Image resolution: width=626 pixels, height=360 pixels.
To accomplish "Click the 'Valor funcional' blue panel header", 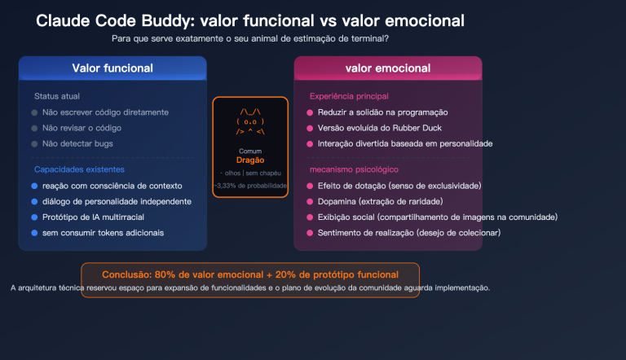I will coord(112,68).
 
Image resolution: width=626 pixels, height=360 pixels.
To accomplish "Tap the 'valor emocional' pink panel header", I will coord(387,68).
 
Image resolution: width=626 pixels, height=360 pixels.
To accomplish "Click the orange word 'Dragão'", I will coord(250,160).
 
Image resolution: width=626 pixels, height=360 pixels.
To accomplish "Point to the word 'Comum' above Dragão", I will coord(250,151).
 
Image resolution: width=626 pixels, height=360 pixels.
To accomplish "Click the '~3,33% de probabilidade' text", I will coord(250,186).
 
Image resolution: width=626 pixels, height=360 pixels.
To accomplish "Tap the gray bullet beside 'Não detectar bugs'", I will coord(34,143).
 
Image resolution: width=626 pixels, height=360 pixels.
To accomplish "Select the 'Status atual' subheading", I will coord(57,96).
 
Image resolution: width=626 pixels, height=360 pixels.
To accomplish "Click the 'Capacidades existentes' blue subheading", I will coord(79,169).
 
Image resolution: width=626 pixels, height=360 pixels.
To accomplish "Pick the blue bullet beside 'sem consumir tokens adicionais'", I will coord(34,233).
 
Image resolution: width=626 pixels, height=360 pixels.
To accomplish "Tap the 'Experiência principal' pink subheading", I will coord(349,96).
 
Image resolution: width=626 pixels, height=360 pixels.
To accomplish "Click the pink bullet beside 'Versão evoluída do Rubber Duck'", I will coord(310,128).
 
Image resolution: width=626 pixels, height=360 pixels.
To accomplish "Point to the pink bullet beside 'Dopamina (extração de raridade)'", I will coord(310,201).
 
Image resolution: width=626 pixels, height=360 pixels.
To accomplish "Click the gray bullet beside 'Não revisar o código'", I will coord(34,128).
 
